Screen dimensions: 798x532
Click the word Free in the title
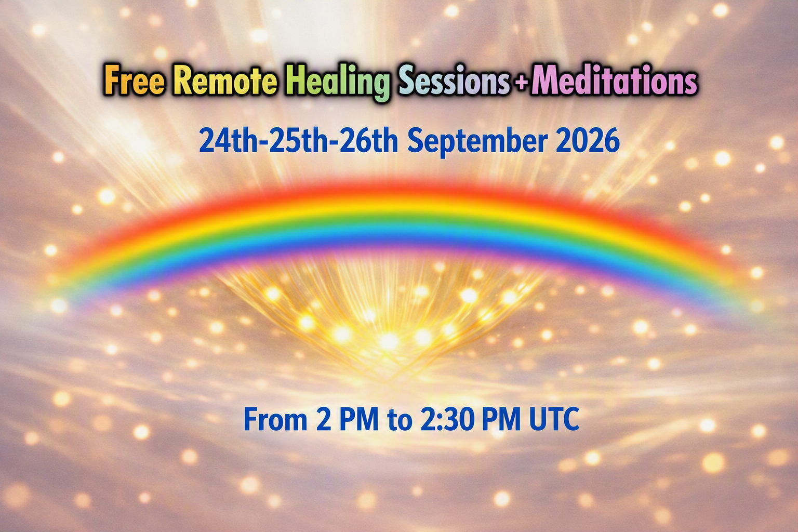coord(135,80)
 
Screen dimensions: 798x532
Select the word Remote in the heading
coord(225,80)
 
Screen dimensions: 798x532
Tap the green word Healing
coord(338,83)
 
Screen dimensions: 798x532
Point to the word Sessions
coord(454,81)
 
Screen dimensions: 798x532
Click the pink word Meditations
coord(614,80)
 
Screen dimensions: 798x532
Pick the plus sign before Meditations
coord(521,83)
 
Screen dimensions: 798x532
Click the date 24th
coord(228,141)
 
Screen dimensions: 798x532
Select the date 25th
coord(298,141)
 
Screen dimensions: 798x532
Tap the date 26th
coord(368,141)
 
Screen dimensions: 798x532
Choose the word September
coord(477,142)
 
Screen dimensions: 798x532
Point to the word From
coord(275,419)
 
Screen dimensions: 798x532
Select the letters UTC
coord(554,419)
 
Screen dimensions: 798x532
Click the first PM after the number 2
coord(359,419)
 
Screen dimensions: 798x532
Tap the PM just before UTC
coord(501,419)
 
